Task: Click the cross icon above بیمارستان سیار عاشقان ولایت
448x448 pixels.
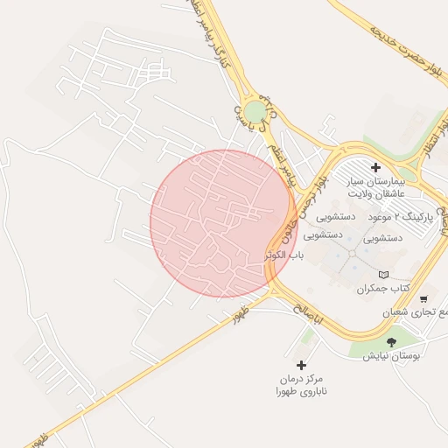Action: pyautogui.click(x=376, y=167)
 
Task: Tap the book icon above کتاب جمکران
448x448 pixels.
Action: pyautogui.click(x=383, y=275)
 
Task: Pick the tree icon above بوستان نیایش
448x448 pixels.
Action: pyautogui.click(x=390, y=343)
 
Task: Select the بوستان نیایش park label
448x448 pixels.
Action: pyautogui.click(x=393, y=357)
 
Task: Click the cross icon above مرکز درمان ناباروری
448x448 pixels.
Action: pyautogui.click(x=302, y=365)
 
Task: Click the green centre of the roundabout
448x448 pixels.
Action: pyautogui.click(x=254, y=112)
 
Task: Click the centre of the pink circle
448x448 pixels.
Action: pyautogui.click(x=222, y=223)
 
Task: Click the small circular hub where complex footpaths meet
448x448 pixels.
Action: pyautogui.click(x=352, y=253)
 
